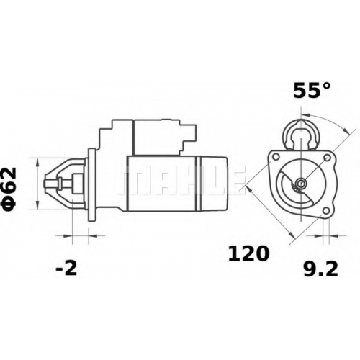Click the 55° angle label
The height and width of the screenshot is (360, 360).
click(x=312, y=90)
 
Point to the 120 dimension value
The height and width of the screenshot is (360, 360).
click(x=248, y=253)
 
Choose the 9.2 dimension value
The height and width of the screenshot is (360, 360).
click(x=320, y=269)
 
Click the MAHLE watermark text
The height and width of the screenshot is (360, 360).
click(x=181, y=179)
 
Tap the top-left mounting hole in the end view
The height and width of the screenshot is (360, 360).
click(x=276, y=157)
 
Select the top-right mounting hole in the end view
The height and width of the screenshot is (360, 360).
click(x=327, y=158)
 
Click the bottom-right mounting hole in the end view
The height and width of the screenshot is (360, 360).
click(x=326, y=211)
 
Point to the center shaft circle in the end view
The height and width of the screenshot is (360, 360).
click(x=300, y=184)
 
